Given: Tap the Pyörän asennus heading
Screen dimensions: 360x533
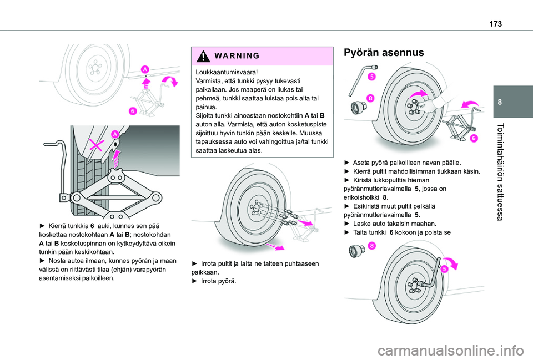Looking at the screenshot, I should point(384,54).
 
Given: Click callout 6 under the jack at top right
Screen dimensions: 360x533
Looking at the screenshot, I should point(475,138).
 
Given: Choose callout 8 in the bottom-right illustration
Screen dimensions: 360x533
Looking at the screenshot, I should point(369,245).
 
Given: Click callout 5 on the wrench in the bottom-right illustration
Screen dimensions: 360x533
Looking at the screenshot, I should point(445,269).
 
